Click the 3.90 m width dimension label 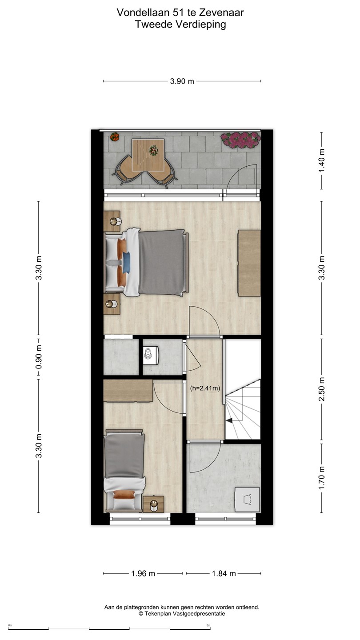pyautogui.click(x=182, y=81)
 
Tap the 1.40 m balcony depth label pyautogui.click(x=322, y=160)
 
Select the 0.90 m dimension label pyautogui.click(x=39, y=357)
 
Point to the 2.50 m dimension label pyautogui.click(x=322, y=389)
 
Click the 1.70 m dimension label pyautogui.click(x=322, y=478)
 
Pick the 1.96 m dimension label pyautogui.click(x=143, y=573)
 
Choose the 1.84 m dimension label pyautogui.click(x=224, y=573)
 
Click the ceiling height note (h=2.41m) pyautogui.click(x=205, y=388)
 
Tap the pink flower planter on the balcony pyautogui.click(x=241, y=140)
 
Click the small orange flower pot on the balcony pyautogui.click(x=115, y=136)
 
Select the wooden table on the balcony pyautogui.click(x=148, y=156)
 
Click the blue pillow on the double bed pyautogui.click(x=126, y=262)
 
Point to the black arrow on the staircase pyautogui.click(x=229, y=420)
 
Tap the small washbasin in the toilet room pyautogui.click(x=151, y=356)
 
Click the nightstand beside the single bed pyautogui.click(x=153, y=504)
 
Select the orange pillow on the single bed pyautogui.click(x=124, y=495)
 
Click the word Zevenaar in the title pyautogui.click(x=221, y=12)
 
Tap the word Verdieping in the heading pyautogui.click(x=200, y=24)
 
